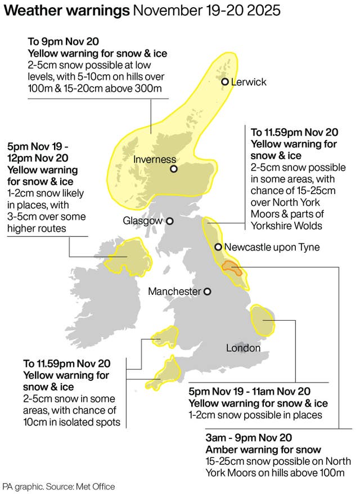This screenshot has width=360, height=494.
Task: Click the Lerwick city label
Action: pos(249,82)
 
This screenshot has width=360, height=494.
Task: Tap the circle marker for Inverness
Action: pos(174,169)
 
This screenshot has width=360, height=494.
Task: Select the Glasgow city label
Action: pos(142,221)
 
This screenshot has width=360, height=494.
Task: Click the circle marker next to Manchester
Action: pos(208,291)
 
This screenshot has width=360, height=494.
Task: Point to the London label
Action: pos(243,348)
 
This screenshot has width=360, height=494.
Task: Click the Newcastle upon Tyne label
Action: pos(272,247)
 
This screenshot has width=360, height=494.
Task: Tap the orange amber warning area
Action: pos(232,267)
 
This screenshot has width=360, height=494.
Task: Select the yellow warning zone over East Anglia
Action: pos(262,319)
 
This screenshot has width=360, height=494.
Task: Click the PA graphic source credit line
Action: pos(58,486)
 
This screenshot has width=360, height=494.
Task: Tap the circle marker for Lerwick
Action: pos(225,82)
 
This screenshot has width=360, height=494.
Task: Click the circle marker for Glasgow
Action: pos(169,221)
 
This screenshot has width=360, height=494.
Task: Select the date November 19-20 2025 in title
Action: pos(206,11)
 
